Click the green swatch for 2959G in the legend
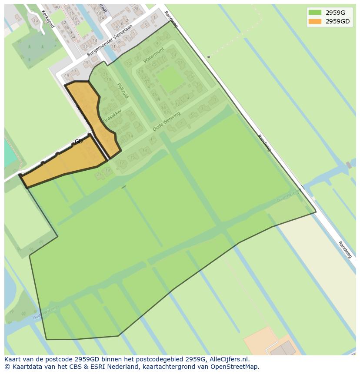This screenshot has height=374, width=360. click(315, 13)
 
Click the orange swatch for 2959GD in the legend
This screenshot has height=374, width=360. click(315, 21)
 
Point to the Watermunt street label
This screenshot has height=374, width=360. click(153, 55)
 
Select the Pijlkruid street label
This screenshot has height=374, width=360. click(123, 90)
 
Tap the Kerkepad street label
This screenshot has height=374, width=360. click(48, 19)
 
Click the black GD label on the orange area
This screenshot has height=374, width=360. click(79, 142)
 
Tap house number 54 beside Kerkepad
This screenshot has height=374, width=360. click(73, 36)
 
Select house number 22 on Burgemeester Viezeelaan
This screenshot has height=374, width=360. click(85, 47)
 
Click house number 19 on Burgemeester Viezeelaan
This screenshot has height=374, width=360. click(67, 76)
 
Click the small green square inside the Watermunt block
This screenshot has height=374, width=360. click(170, 79)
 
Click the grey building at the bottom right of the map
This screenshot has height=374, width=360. click(283, 349)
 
